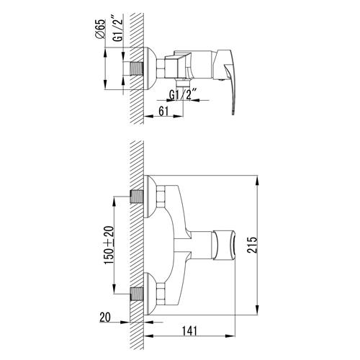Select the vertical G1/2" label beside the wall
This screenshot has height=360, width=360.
(118, 29)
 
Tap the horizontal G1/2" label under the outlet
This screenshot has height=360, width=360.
(183, 94)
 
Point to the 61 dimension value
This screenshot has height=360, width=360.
(163, 111)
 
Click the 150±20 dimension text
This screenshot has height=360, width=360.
(109, 245)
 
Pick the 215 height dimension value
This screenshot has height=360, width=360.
(252, 245)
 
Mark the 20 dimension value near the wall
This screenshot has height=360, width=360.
(105, 318)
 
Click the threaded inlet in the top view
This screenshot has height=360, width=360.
(137, 68)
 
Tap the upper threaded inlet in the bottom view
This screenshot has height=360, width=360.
(137, 197)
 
